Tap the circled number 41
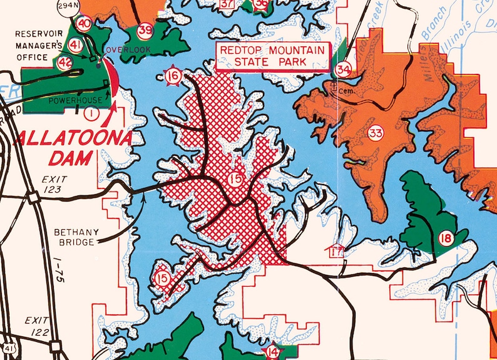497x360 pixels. click(76, 45)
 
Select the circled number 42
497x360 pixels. click(64, 62)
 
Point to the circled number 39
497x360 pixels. click(145, 29)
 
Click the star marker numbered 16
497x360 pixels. click(174, 76)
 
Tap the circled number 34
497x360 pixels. click(342, 68)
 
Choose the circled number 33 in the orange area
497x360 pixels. click(376, 133)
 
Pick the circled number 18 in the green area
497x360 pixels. click(446, 238)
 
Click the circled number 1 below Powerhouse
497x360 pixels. click(91, 113)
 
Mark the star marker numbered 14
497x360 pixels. click(272, 352)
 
